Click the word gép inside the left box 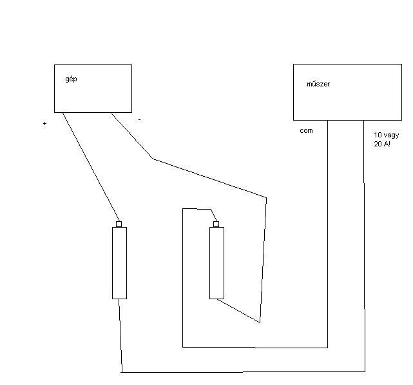pos(71,79)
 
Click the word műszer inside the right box pos(318,84)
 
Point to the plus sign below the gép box pos(45,123)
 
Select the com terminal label pos(306,131)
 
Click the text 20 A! pos(381,144)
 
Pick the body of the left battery pos(119,262)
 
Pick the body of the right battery pos(216,262)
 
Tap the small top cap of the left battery pos(119,224)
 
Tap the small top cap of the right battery pos(216,224)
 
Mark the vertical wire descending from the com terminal pos(328,232)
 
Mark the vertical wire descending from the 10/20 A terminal pos(365,245)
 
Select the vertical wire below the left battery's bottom pos(120,335)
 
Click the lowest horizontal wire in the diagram pos(245,372)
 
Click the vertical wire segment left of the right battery pos(183,277)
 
